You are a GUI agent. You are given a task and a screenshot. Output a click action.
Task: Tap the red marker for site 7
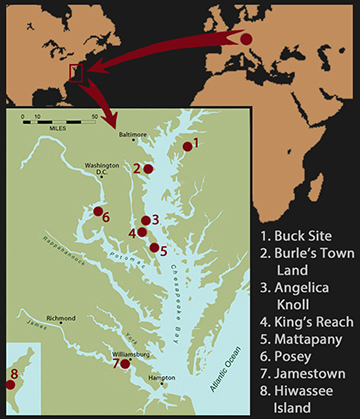[x=126, y=364]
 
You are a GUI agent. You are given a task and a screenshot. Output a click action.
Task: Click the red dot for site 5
[x=153, y=247]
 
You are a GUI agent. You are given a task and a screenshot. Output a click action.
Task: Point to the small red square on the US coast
[x=72, y=73]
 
